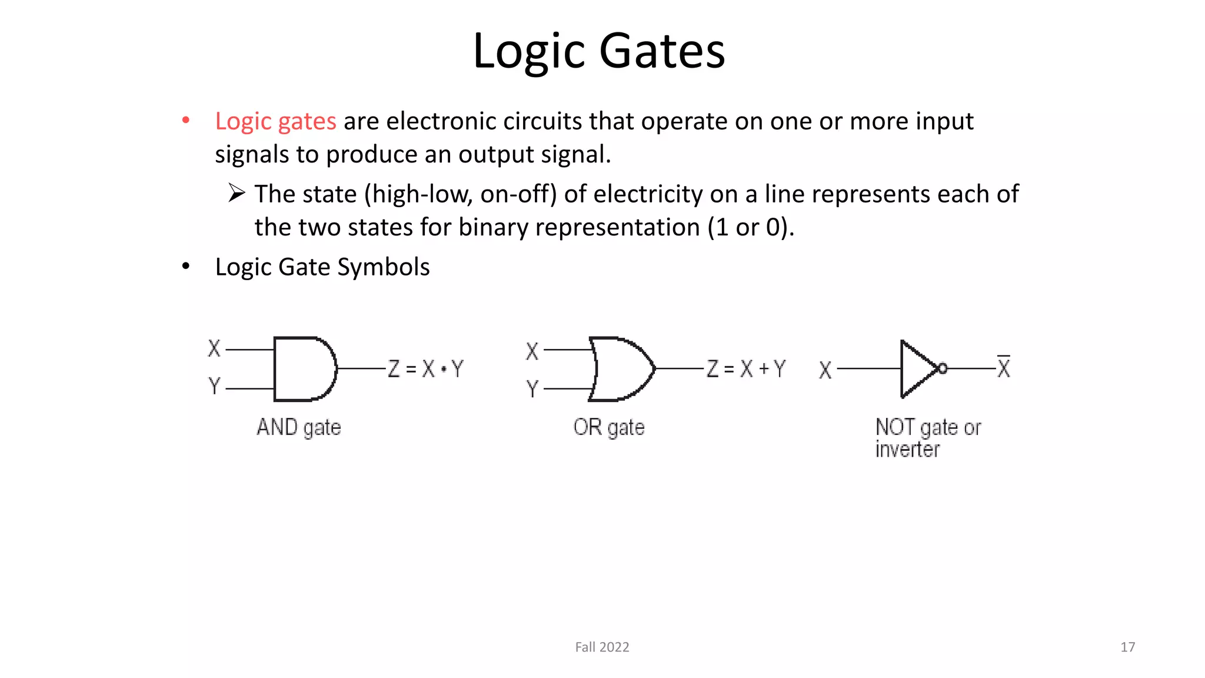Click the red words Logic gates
point(275,122)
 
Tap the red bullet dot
point(186,121)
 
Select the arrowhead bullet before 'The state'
point(237,193)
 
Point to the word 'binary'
point(493,228)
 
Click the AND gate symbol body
point(303,369)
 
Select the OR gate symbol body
point(621,369)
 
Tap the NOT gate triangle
point(917,369)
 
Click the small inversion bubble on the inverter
point(943,368)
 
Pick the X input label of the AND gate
point(214,348)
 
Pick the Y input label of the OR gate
point(532,388)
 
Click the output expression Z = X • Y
point(425,369)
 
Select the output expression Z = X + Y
point(746,369)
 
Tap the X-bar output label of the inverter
point(1004,368)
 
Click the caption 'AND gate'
point(298,427)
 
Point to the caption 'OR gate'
point(609,427)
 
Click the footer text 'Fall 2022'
point(602,647)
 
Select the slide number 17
point(1127,647)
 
